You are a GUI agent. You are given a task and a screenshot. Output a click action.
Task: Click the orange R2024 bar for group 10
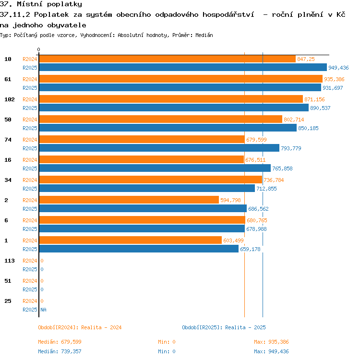point(168,59)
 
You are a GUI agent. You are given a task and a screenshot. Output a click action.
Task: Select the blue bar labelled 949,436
point(183,67)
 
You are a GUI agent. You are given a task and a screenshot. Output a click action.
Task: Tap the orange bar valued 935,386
point(180,79)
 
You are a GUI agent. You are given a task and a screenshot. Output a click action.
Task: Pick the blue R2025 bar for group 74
point(159,148)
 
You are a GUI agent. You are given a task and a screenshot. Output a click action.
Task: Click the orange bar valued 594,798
point(129,200)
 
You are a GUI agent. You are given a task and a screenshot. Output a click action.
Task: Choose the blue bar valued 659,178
point(139,249)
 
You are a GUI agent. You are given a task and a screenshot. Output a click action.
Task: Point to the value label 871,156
point(314,99)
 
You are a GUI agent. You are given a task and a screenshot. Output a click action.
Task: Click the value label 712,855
point(266,189)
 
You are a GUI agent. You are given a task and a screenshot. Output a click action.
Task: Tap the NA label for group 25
point(43,310)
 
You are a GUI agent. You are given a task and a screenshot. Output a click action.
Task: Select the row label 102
point(10,99)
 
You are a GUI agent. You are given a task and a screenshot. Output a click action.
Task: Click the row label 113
point(10,261)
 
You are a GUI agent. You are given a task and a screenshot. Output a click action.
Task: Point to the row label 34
point(8,180)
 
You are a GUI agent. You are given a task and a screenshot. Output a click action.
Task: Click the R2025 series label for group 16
point(30,168)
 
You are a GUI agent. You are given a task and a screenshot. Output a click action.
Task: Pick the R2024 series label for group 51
point(30,281)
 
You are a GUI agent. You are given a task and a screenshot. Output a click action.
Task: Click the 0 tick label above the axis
point(38,49)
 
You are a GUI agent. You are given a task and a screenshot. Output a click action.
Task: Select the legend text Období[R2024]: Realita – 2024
point(80,327)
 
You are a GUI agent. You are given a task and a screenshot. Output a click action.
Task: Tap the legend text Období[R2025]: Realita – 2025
point(224,327)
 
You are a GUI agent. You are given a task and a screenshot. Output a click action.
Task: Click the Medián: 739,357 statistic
point(60,351)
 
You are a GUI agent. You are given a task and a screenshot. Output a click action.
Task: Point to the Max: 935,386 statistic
point(271,342)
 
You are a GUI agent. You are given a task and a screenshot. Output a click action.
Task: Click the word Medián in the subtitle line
point(204,35)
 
